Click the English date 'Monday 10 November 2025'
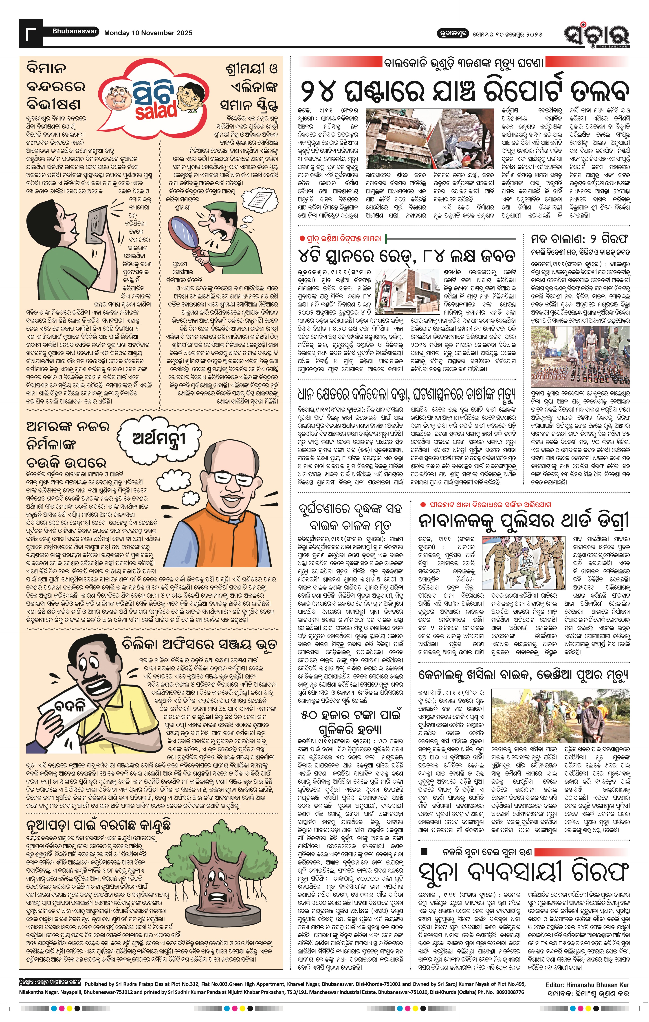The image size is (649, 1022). click(148, 33)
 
